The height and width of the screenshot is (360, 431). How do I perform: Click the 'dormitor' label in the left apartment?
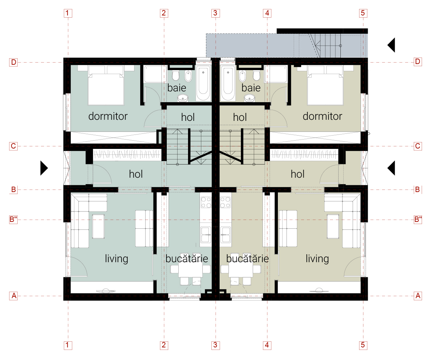[108, 117]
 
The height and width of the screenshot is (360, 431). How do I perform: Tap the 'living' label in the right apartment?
[317, 259]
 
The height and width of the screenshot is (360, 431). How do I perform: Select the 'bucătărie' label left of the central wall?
[187, 259]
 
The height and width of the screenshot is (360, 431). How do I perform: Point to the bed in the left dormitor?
[106, 88]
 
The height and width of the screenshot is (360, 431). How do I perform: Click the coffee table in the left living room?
[98, 226]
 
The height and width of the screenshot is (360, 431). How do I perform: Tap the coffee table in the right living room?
[333, 226]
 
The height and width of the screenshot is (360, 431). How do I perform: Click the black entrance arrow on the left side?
[44, 168]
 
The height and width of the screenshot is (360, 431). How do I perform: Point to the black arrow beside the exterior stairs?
[391, 45]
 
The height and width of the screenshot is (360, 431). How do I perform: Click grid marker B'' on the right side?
[418, 219]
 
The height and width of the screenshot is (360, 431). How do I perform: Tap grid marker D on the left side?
[13, 62]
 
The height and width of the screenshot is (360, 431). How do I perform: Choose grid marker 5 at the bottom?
[363, 345]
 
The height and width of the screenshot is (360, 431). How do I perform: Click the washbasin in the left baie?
[183, 97]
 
